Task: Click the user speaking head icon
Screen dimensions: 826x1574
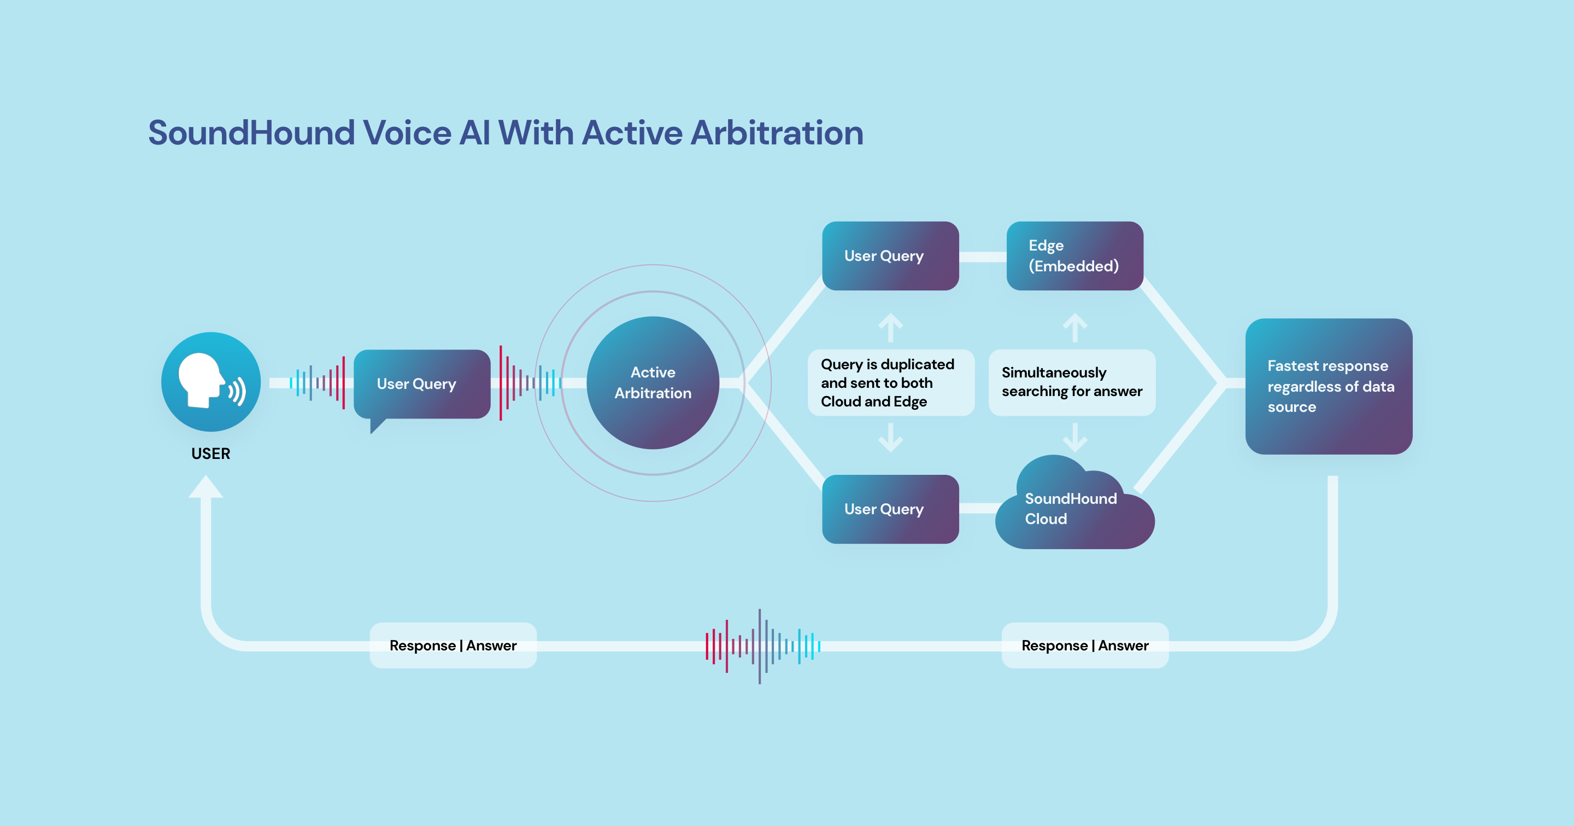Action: [x=211, y=381]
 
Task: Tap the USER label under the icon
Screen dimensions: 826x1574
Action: [x=211, y=453]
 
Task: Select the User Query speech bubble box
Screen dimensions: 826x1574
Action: [x=421, y=384]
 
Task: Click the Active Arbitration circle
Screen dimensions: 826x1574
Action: [x=653, y=383]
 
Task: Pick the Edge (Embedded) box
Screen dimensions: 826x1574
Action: [x=1074, y=255]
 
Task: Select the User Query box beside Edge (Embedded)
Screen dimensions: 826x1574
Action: [x=890, y=255]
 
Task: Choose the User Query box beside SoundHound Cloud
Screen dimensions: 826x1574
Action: [x=890, y=509]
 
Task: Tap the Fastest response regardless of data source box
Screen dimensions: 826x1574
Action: [x=1329, y=386]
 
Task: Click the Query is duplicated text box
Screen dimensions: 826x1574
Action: [x=890, y=383]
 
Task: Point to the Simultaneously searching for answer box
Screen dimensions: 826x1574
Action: [x=1072, y=382]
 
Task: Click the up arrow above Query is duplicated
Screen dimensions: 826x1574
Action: [x=890, y=327]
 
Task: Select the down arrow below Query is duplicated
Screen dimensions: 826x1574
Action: [x=890, y=438]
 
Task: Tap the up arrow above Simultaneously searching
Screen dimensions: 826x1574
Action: [x=1075, y=327]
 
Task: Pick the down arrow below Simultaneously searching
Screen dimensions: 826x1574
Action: [x=1075, y=438]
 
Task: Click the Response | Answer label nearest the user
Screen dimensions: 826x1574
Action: [x=453, y=645]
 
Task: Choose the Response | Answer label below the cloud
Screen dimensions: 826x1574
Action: [x=1084, y=645]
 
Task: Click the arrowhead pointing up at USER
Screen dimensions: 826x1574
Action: [x=206, y=487]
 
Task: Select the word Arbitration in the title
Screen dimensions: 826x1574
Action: [x=777, y=133]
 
